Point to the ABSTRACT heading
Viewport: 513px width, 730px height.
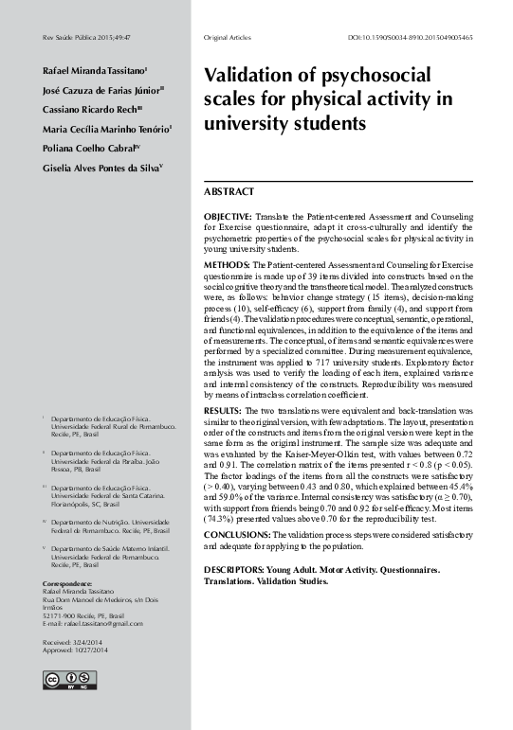pyautogui.click(x=229, y=191)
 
